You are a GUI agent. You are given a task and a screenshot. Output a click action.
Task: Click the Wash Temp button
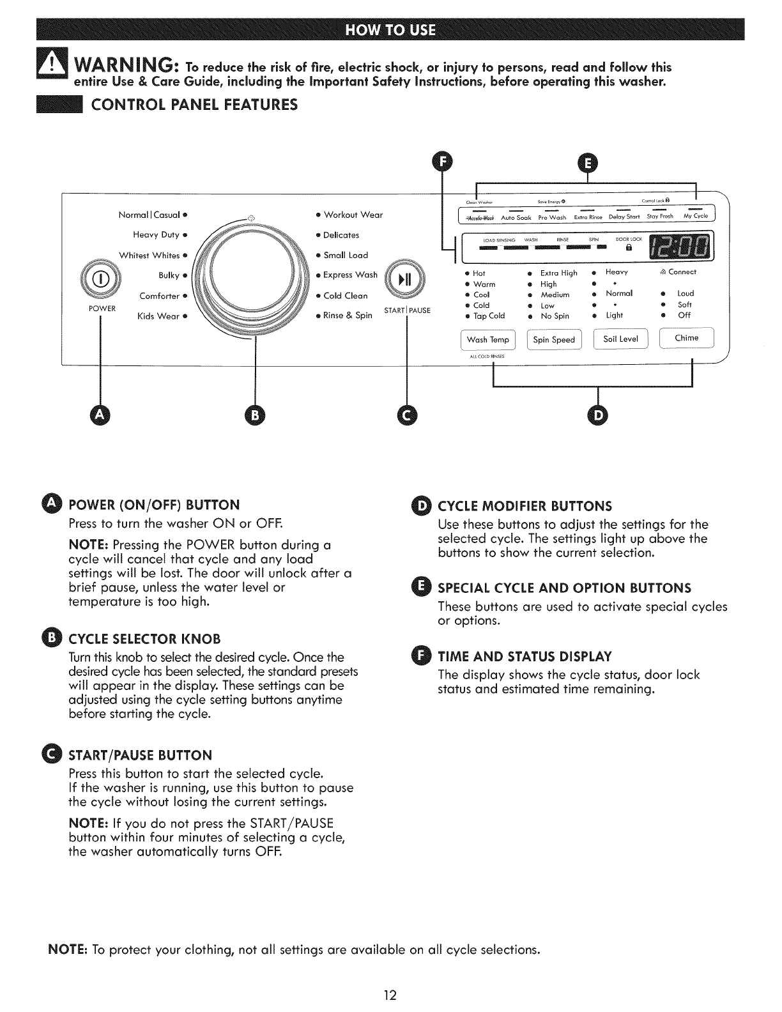click(x=488, y=340)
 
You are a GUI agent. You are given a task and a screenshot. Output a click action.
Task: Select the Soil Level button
click(x=620, y=339)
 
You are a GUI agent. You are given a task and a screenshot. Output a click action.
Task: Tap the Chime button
click(x=686, y=338)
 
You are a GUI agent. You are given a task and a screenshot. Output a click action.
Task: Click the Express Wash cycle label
click(x=351, y=275)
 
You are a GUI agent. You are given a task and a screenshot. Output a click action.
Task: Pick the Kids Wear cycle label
click(x=159, y=316)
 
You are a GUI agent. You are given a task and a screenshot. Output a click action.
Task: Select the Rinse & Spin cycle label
click(x=348, y=315)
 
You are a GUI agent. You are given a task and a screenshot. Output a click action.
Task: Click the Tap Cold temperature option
click(x=489, y=316)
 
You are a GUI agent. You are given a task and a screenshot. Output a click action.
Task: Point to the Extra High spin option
click(x=558, y=273)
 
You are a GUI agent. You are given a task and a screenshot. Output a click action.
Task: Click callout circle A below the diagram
click(x=100, y=416)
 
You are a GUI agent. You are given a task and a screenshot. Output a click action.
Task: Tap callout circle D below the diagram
click(x=598, y=416)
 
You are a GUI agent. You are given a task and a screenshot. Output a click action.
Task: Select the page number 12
click(x=390, y=995)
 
